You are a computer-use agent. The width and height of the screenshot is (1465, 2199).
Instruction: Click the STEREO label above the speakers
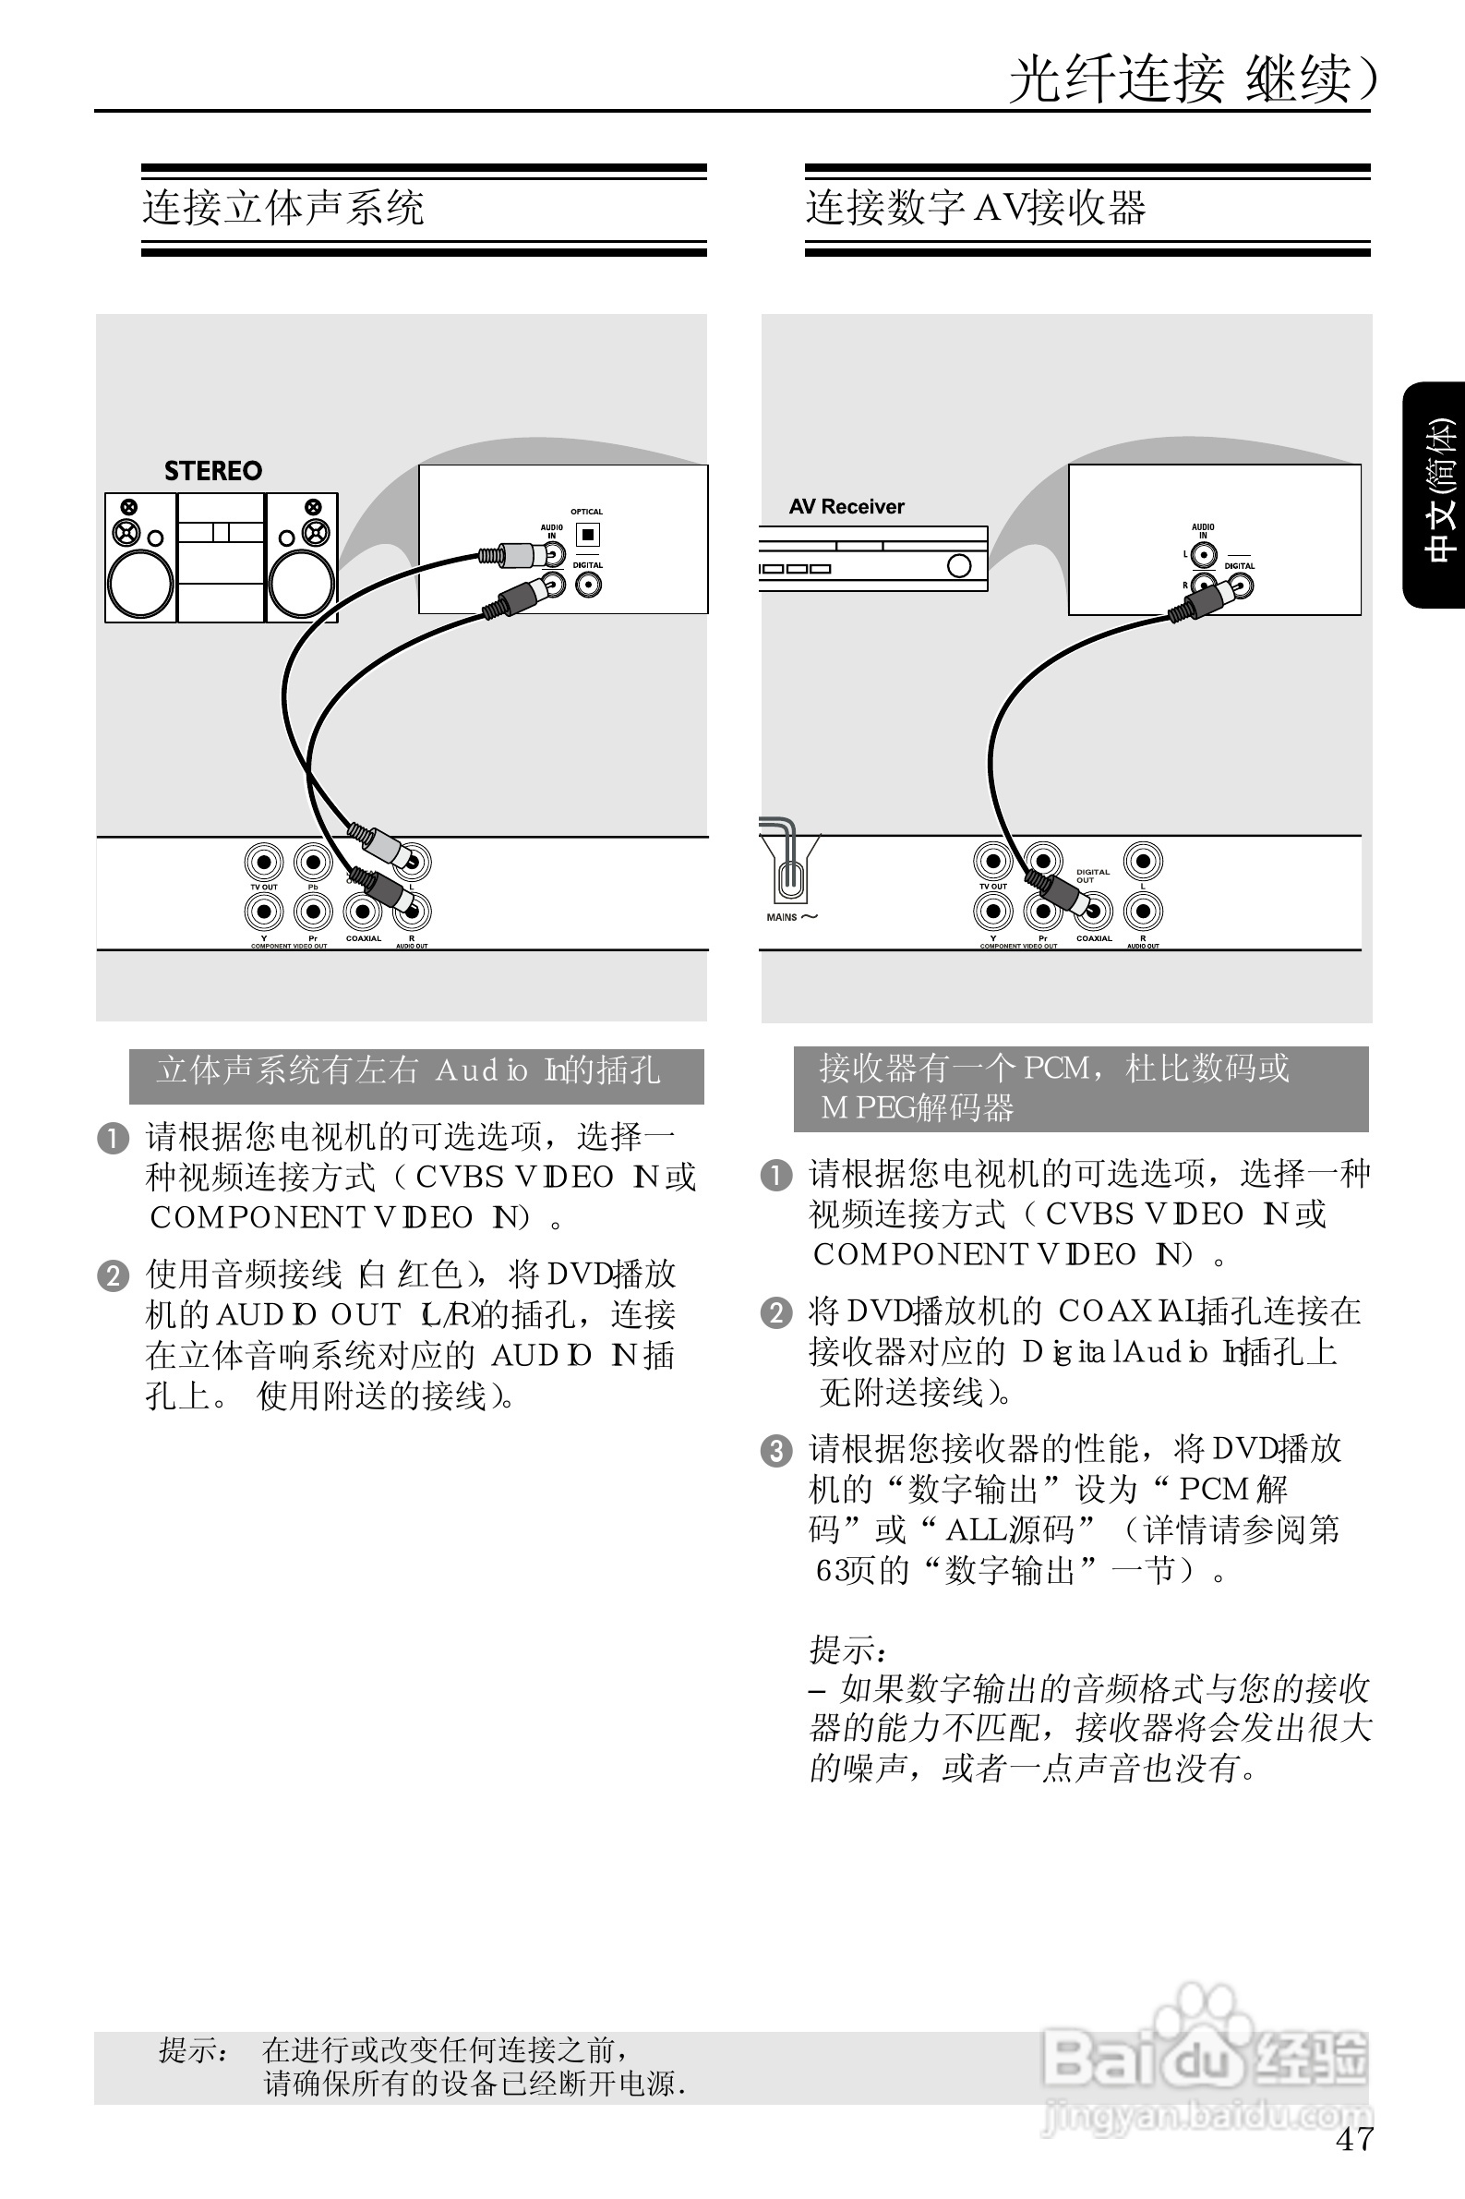pyautogui.click(x=213, y=471)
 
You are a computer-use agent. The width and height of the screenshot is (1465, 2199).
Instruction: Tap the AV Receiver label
pyautogui.click(x=847, y=506)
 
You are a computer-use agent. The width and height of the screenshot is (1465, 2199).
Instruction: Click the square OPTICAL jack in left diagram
pyautogui.click(x=588, y=535)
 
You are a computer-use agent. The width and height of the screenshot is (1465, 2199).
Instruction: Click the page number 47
pyautogui.click(x=1354, y=2139)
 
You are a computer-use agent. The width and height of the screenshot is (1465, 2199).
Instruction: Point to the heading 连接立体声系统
pyautogui.click(x=283, y=208)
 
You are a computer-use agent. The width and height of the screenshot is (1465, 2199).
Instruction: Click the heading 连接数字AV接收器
pyautogui.click(x=976, y=208)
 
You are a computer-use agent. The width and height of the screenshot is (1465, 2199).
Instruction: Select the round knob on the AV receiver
pyautogui.click(x=958, y=565)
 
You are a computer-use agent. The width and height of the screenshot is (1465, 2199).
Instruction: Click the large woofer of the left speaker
pyautogui.click(x=140, y=584)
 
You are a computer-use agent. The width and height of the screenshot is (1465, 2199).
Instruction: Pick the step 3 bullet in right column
pyautogui.click(x=775, y=1451)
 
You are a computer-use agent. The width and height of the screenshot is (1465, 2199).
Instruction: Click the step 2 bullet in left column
pyautogui.click(x=112, y=1275)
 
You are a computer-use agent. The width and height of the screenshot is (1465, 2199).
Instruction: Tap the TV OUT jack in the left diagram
pyautogui.click(x=263, y=862)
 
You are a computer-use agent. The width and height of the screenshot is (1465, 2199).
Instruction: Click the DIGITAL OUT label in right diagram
pyautogui.click(x=1092, y=876)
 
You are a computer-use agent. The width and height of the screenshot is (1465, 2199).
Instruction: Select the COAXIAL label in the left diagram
pyautogui.click(x=364, y=938)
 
